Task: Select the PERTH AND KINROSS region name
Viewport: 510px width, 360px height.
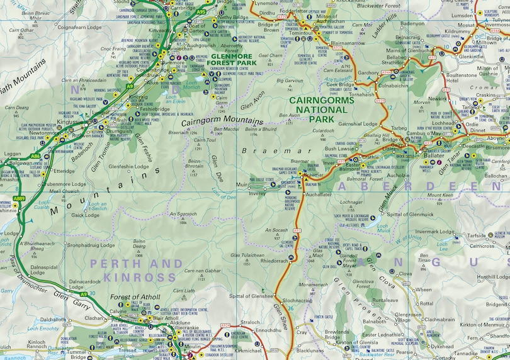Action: [x=136, y=270]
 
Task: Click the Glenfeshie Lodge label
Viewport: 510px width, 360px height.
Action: [x=130, y=167]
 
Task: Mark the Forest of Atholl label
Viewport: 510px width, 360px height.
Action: [x=135, y=297]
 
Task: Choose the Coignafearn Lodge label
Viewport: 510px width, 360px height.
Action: [x=79, y=27]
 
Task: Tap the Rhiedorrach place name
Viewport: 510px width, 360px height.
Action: [x=274, y=260]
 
